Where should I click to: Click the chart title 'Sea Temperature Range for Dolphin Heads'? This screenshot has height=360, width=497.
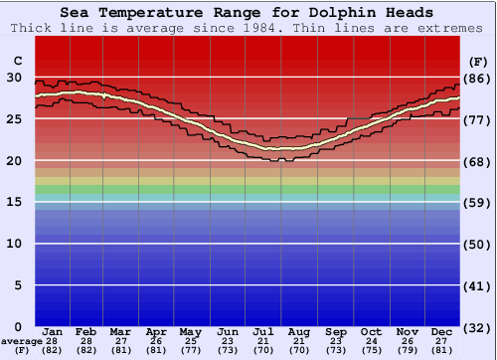[x=247, y=13]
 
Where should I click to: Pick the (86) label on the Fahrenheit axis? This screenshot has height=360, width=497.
[x=477, y=79]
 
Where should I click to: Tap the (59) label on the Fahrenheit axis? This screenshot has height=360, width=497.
[x=477, y=202]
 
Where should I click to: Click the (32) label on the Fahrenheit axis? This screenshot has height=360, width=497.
[x=477, y=326]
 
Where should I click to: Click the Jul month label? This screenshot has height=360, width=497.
[x=263, y=331]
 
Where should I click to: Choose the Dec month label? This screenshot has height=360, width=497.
[x=442, y=331]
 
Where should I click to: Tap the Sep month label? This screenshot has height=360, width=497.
[x=336, y=331]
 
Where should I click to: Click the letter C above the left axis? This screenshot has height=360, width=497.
[x=17, y=61]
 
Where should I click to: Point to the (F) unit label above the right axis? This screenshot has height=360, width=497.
[x=477, y=61]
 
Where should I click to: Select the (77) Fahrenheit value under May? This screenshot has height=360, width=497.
[x=192, y=350]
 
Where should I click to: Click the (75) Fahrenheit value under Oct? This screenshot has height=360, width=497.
[x=372, y=350]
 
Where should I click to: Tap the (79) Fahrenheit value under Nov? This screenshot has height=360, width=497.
[x=407, y=350]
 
